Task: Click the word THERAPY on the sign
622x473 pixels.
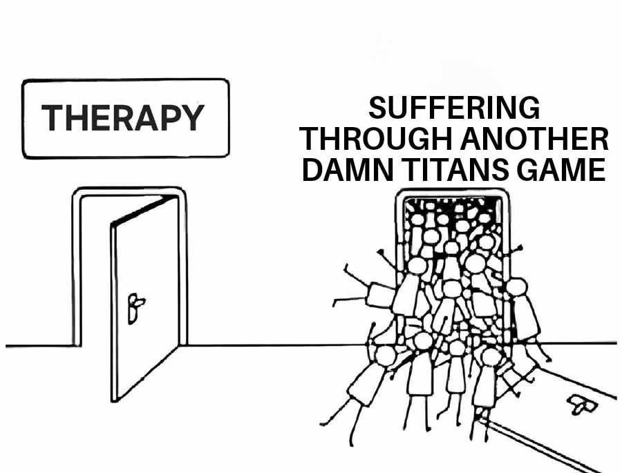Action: point(124,118)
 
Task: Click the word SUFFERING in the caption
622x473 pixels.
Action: point(453,108)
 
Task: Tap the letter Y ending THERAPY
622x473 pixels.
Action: point(193,118)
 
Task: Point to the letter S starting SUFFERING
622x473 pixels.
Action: point(377,108)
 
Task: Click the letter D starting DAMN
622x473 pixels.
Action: point(312,169)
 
